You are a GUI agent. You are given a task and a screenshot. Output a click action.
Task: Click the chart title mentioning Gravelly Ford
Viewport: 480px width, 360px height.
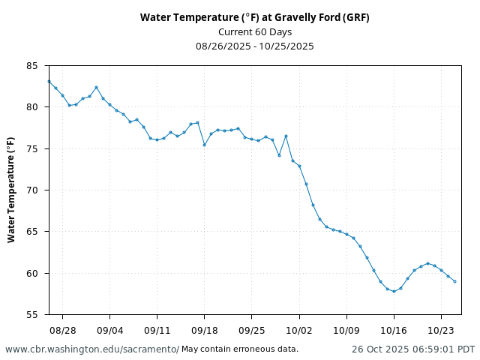tap(254, 17)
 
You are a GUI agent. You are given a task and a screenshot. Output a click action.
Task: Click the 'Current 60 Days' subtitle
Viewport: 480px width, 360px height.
tap(254, 31)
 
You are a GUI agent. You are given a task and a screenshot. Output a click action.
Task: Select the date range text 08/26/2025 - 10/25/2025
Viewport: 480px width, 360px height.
tap(254, 46)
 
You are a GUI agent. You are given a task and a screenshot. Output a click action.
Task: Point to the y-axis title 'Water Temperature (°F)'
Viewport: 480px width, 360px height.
tap(11, 190)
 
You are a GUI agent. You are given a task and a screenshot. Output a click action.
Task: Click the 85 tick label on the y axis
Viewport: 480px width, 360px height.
tap(31, 66)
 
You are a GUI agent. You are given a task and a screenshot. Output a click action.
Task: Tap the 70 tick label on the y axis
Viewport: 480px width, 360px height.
tap(31, 190)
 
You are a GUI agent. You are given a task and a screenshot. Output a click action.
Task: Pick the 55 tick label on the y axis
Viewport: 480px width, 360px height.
tap(31, 315)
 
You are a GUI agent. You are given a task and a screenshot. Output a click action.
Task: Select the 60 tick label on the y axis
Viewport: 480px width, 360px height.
tap(31, 274)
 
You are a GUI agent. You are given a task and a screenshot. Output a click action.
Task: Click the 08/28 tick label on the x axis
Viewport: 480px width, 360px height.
tap(62, 330)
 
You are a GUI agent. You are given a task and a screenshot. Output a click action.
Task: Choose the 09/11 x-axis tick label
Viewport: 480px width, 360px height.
tap(157, 330)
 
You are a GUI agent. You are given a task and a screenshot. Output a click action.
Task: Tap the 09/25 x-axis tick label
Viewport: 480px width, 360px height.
tap(251, 330)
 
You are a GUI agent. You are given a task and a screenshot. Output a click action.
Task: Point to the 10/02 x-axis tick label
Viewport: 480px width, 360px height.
tap(299, 330)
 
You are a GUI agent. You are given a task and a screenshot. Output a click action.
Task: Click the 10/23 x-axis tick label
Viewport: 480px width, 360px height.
tap(441, 330)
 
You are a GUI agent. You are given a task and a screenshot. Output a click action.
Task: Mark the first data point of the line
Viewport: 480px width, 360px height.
tap(49, 81)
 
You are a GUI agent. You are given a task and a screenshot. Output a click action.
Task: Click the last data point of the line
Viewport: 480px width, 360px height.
tap(454, 281)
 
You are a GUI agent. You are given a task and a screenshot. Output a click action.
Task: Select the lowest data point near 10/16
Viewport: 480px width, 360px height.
tap(394, 291)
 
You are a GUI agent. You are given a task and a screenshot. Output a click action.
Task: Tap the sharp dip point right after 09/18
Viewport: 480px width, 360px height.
tap(204, 145)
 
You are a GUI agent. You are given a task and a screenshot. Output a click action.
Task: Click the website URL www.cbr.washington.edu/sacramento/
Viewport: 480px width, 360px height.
tap(92, 349)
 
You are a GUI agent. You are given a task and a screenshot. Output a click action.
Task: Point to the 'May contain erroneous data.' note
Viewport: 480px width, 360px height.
tap(240, 349)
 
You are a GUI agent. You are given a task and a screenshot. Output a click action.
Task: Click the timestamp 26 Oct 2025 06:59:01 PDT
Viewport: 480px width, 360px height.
tap(413, 349)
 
